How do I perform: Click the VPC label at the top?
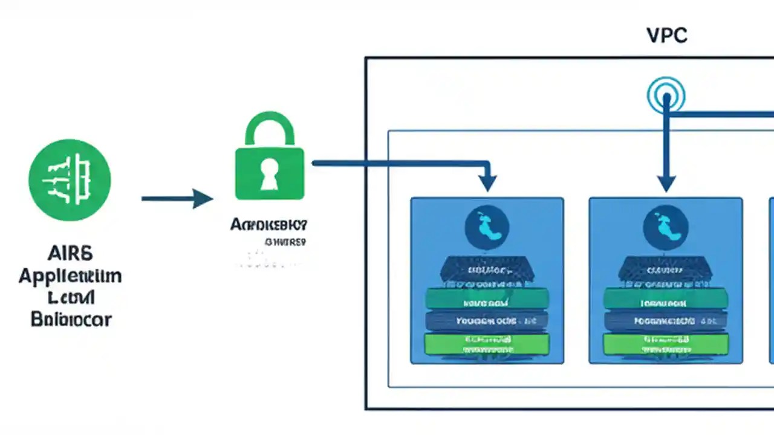coord(667,36)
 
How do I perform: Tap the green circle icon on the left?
coord(70,179)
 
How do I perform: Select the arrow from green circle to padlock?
coord(177,198)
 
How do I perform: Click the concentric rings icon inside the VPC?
coord(666,95)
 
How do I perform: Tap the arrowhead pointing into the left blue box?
coord(487,182)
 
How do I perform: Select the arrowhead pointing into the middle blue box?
coord(666,182)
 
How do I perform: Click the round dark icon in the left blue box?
coord(487,228)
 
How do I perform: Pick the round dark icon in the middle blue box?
coord(666,228)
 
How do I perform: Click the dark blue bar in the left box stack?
coord(487,321)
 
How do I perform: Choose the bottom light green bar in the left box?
coord(487,344)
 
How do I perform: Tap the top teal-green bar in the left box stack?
coord(487,298)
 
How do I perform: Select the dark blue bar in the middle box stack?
coord(666,321)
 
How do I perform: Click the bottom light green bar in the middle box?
coord(666,344)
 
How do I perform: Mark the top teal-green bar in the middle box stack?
coord(666,298)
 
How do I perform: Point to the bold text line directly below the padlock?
coord(268,225)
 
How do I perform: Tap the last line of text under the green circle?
coord(71,318)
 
